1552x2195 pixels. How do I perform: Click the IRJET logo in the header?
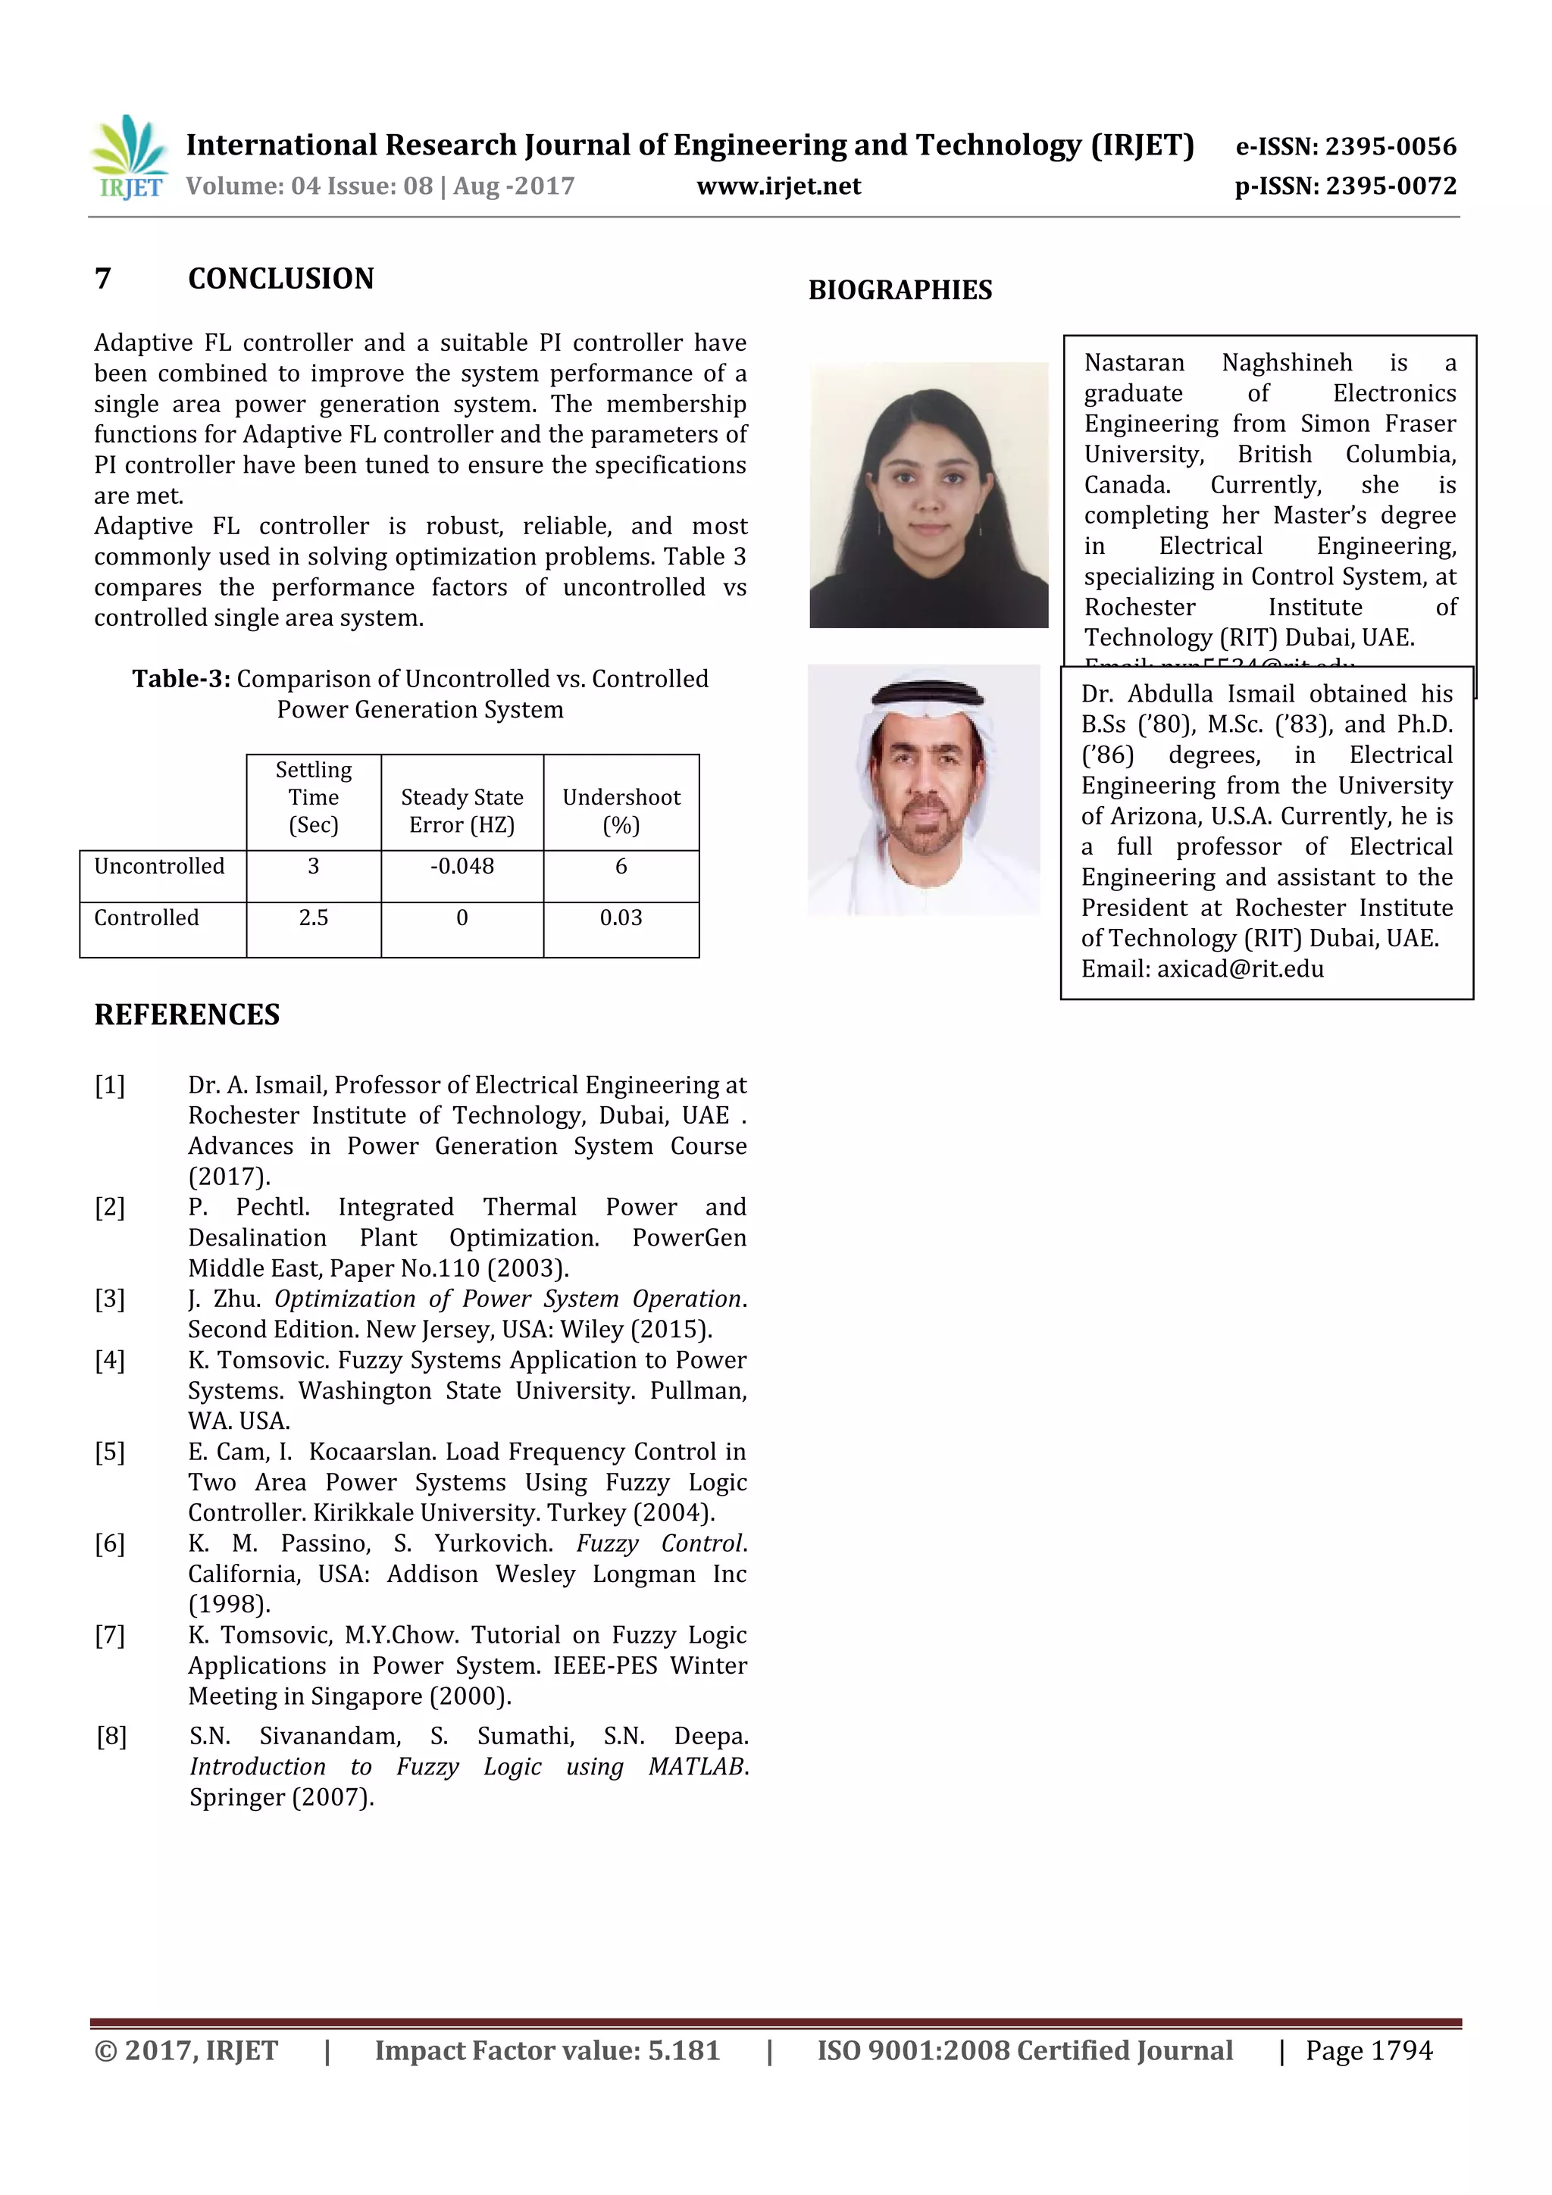pyautogui.click(x=129, y=157)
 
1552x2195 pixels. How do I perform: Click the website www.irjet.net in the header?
pyautogui.click(x=778, y=186)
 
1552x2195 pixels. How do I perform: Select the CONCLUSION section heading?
pyautogui.click(x=280, y=279)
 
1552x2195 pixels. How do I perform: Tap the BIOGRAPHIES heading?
pyautogui.click(x=900, y=289)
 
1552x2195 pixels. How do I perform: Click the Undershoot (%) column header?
pyautogui.click(x=621, y=810)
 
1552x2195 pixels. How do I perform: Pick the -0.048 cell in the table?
pyautogui.click(x=462, y=866)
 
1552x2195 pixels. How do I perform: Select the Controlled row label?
pyautogui.click(x=146, y=918)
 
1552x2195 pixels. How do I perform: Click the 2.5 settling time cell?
pyautogui.click(x=313, y=918)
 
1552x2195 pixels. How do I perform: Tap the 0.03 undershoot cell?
pyautogui.click(x=621, y=918)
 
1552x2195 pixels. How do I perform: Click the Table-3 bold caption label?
pyautogui.click(x=180, y=679)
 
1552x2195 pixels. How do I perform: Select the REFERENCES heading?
pyautogui.click(x=186, y=1015)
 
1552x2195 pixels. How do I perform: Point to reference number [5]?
pyautogui.click(x=110, y=1451)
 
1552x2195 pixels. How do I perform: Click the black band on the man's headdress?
pyautogui.click(x=925, y=691)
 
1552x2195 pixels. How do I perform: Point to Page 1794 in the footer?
pyautogui.click(x=1369, y=2050)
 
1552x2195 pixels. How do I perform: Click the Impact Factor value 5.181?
pyautogui.click(x=683, y=2050)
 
